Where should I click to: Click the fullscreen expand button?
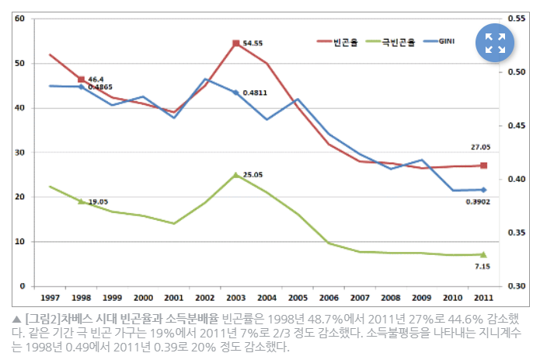click(495, 44)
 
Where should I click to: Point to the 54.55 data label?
click(253, 44)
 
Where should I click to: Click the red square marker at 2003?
click(235, 44)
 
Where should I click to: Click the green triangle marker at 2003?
click(235, 175)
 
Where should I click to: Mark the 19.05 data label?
click(97, 201)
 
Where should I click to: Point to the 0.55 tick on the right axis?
click(517, 19)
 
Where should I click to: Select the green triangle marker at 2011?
click(483, 254)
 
